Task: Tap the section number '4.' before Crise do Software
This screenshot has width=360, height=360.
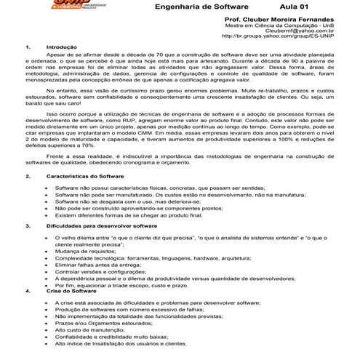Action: (28, 291)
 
